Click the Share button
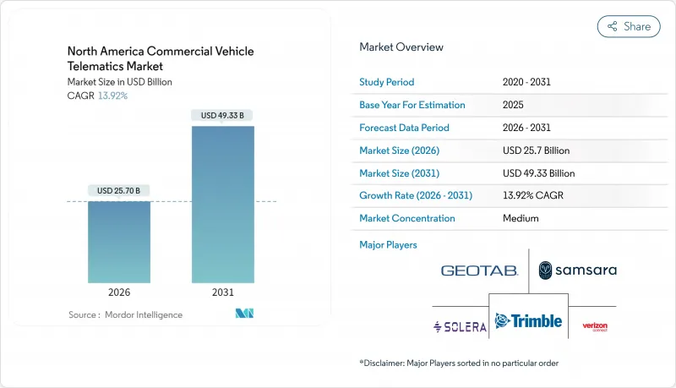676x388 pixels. pyautogui.click(x=629, y=26)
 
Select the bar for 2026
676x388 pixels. pyautogui.click(x=119, y=242)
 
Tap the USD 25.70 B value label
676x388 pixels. pyautogui.click(x=119, y=190)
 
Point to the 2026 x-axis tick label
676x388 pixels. pyautogui.click(x=119, y=292)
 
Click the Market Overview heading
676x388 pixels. pyautogui.click(x=401, y=46)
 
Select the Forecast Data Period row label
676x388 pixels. pyautogui.click(x=404, y=128)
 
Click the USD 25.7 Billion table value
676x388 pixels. pyautogui.click(x=536, y=150)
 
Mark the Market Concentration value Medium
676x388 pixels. pyautogui.click(x=520, y=218)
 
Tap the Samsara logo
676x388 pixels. pyautogui.click(x=578, y=271)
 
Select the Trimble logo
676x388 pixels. pyautogui.click(x=527, y=321)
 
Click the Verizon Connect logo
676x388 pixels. pyautogui.click(x=595, y=326)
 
